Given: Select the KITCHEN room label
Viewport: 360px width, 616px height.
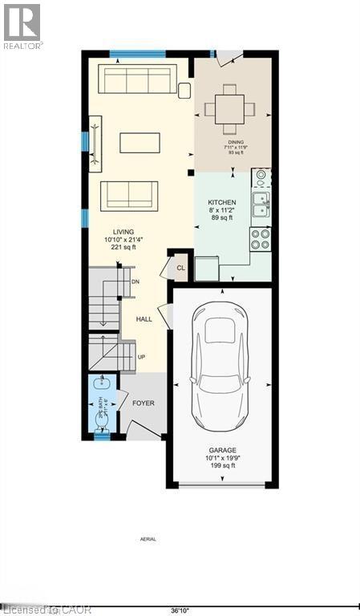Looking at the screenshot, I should point(222,203).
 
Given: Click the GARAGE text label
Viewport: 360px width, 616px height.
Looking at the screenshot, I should point(223,451).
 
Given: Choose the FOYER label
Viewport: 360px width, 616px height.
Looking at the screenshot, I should point(143,403).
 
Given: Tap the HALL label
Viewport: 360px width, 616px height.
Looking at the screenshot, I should point(144,318).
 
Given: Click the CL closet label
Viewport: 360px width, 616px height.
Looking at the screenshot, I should point(180,268).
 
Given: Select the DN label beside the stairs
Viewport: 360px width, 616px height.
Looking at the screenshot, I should point(136,282).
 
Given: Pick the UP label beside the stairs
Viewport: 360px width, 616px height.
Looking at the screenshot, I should point(141,357).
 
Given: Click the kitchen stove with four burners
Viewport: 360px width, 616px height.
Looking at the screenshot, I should point(261,239).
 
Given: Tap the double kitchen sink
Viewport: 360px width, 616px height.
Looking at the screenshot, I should point(261,205).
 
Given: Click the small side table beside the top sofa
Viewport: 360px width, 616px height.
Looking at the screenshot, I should point(184,90).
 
